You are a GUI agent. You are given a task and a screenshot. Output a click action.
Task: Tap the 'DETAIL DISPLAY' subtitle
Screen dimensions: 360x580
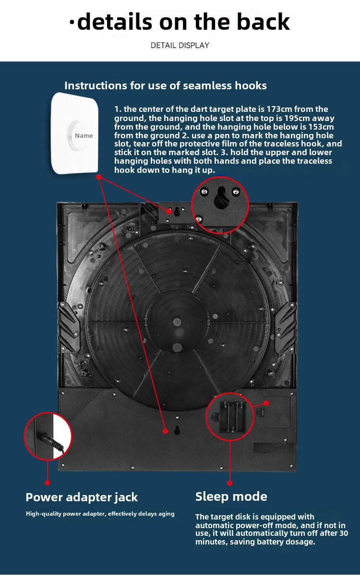coord(180,46)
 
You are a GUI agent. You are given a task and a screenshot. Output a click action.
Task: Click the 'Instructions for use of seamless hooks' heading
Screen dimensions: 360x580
coord(166,85)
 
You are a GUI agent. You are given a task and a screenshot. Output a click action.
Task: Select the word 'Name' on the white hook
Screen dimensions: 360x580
coord(84,136)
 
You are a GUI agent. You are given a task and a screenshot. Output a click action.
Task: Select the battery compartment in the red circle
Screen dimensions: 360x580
coord(232,417)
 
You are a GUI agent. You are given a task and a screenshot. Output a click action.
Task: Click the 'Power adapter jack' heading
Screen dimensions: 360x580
coord(82,497)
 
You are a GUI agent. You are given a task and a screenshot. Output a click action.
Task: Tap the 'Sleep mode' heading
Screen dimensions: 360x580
coord(231,496)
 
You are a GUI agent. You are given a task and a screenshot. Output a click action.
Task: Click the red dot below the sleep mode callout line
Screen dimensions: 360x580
coord(229,483)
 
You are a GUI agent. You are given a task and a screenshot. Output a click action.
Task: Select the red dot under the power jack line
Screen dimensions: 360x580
coord(47,483)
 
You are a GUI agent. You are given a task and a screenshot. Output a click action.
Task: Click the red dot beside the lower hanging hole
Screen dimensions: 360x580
coord(166,431)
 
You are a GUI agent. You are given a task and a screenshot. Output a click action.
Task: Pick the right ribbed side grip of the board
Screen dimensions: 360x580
coord(286,328)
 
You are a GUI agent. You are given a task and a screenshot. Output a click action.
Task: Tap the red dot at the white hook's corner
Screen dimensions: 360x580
coord(98,177)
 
